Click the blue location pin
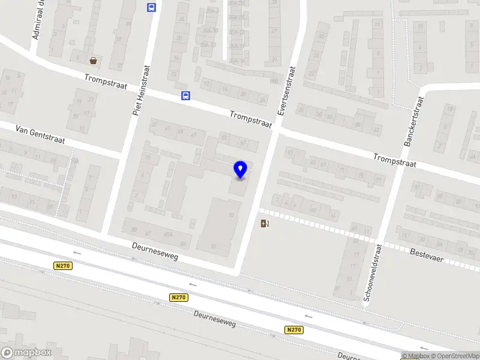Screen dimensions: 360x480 point(240,169)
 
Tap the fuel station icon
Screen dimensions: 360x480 point(265,224)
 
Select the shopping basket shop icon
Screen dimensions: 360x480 point(94,60)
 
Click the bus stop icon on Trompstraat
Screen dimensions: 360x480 point(186,95)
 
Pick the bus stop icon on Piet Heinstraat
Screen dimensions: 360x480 point(151,8)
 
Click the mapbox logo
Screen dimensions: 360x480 point(26,353)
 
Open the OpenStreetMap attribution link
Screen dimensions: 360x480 point(455,356)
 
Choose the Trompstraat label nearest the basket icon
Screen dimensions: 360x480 point(106,82)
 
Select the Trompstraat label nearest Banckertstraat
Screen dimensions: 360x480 point(394,160)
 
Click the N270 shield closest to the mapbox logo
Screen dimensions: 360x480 point(62,266)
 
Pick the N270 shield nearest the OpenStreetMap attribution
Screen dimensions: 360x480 point(293,329)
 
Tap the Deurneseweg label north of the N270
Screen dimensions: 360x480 point(155,251)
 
